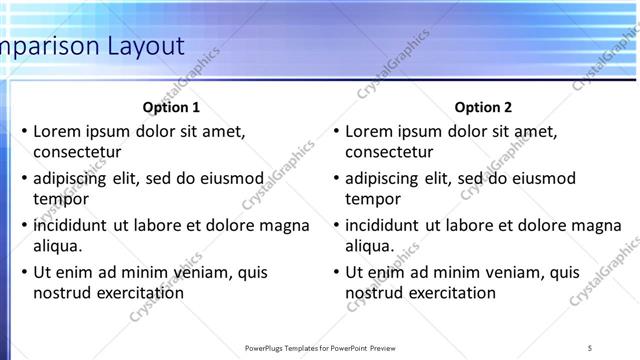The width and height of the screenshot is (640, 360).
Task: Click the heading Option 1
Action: [x=171, y=107]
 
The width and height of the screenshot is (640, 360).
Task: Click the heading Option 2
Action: [x=483, y=107]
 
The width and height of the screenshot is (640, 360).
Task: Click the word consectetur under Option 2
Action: [x=389, y=153]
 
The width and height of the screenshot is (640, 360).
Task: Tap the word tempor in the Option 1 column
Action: [x=59, y=199]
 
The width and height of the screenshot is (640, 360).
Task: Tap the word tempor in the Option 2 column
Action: [x=372, y=199]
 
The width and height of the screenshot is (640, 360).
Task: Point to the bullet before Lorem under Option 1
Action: [x=24, y=132]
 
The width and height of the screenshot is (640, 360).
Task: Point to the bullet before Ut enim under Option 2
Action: [x=336, y=272]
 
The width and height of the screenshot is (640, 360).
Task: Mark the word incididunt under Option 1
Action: [x=71, y=225]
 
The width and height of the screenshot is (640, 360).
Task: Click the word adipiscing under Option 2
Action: [x=383, y=179]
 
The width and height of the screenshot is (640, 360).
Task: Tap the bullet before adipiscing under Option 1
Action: [x=24, y=179]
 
